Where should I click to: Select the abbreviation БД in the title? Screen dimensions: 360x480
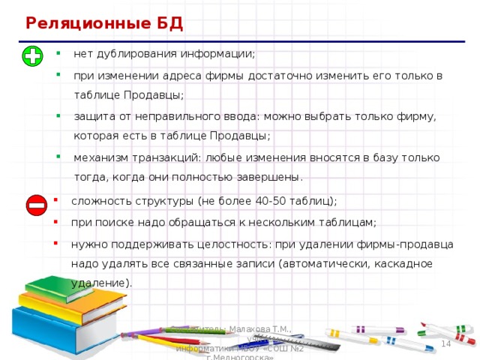(x=170, y=23)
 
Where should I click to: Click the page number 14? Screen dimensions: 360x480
(x=445, y=343)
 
